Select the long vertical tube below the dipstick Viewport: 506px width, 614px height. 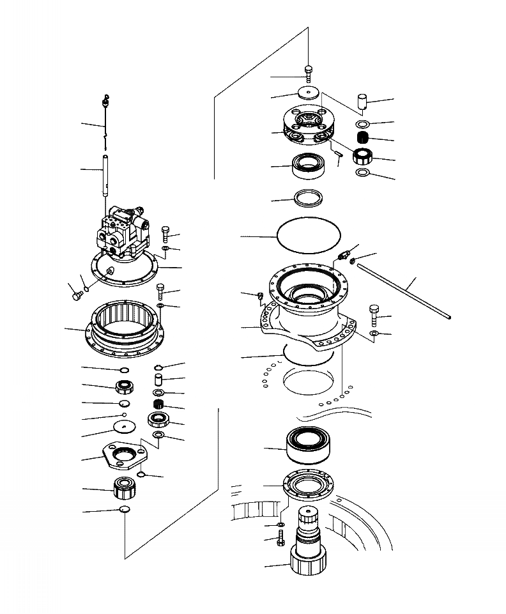(106, 173)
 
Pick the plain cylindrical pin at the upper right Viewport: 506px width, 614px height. (362, 102)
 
